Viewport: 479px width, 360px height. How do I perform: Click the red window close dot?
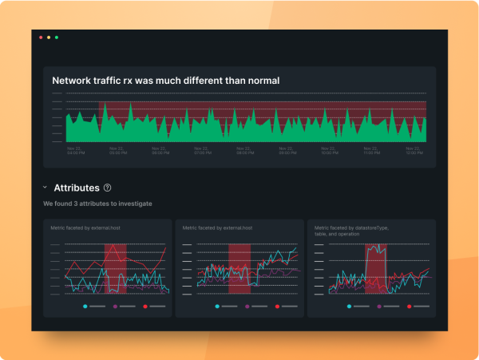tap(41, 38)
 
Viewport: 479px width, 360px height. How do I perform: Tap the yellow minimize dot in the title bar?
tap(49, 38)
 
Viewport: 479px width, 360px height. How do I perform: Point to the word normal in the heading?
tap(260, 81)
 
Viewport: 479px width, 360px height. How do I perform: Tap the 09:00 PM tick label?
tap(286, 149)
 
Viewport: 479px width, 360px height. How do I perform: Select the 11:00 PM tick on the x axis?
tap(371, 149)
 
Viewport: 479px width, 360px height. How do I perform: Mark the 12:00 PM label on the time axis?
tap(414, 149)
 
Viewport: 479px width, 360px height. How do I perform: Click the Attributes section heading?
tap(77, 188)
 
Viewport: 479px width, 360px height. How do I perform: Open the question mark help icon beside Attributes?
tap(107, 188)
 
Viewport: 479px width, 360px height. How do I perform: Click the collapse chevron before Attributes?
tap(45, 188)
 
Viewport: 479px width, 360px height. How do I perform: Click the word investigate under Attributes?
tap(133, 204)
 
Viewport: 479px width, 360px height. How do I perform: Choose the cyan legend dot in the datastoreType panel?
tap(350, 307)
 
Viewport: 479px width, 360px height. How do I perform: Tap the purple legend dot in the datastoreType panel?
tap(378, 307)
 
